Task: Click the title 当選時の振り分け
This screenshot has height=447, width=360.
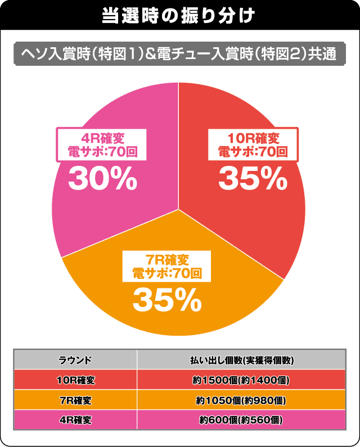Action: click(180, 15)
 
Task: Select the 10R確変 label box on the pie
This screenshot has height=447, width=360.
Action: click(252, 144)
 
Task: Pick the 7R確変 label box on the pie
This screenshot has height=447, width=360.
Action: click(167, 267)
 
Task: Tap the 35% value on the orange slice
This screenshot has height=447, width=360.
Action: click(167, 302)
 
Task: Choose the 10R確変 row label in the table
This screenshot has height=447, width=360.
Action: click(75, 381)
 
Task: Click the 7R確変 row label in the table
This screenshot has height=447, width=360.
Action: click(75, 400)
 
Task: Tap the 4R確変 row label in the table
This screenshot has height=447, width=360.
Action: click(75, 420)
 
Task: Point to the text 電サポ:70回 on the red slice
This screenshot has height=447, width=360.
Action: click(252, 151)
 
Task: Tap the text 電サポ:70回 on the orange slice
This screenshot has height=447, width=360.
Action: click(167, 274)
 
